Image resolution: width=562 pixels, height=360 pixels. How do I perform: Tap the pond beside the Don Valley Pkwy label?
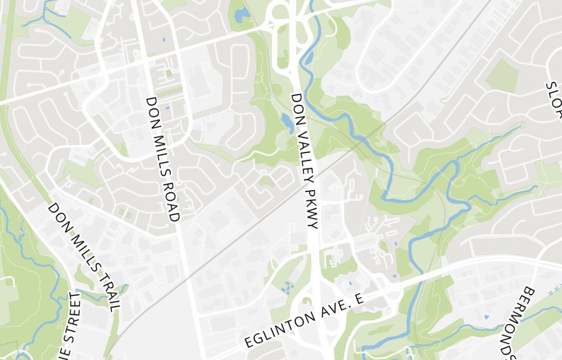[x=287, y=121]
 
